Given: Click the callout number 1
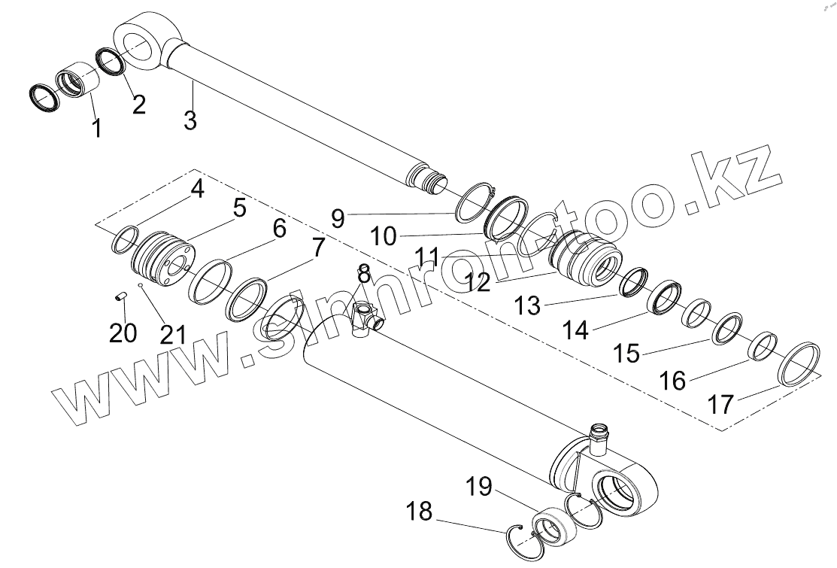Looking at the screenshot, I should coord(96,128).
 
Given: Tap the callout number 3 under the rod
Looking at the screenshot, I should coord(190,119).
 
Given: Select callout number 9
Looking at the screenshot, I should coord(338,218).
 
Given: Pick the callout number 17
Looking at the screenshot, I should coord(720,405).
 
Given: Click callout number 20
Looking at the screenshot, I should coord(123,331).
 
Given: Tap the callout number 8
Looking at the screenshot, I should coord(364,274).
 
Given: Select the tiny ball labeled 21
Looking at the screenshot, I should coord(141,286).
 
